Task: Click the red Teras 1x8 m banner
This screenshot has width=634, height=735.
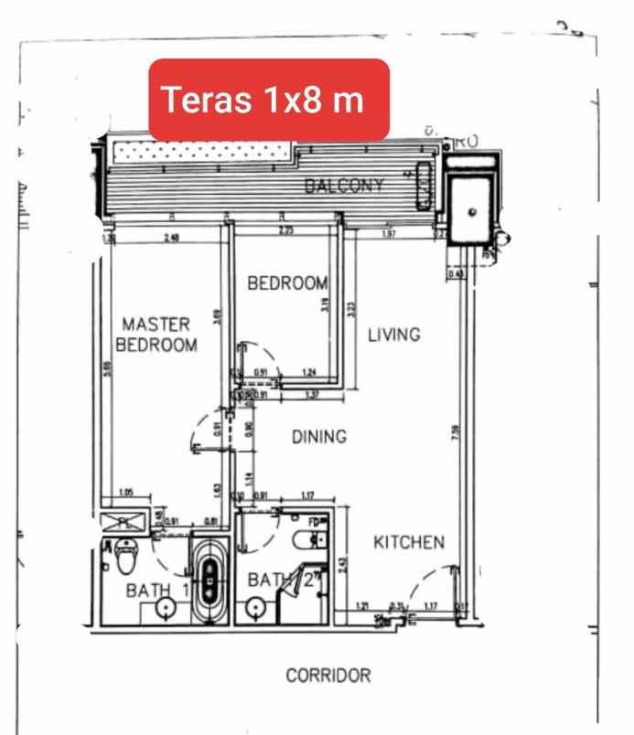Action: pos(270,99)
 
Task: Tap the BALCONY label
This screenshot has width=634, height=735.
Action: pos(344,186)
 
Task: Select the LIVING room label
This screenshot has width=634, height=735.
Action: pos(393,335)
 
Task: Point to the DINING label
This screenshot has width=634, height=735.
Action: pos(319,437)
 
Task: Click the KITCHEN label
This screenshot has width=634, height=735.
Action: pos(409,542)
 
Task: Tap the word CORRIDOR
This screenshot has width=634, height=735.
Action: pos(328,676)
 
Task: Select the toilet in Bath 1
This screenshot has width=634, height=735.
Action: pos(125,554)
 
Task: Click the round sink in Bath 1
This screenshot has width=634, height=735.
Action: pos(165,607)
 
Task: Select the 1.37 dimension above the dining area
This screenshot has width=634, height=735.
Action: pos(312,395)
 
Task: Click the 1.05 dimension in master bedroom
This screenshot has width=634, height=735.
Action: pos(125,494)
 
